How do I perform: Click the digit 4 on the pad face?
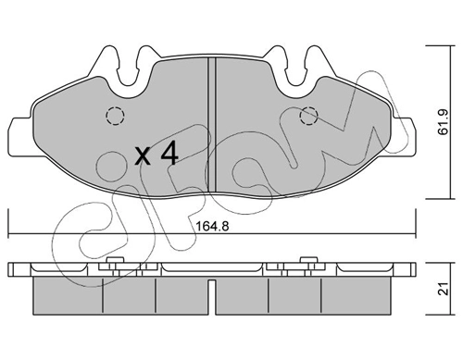[x=169, y=153]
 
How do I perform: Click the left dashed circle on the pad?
[x=115, y=117]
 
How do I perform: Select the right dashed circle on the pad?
[x=309, y=117]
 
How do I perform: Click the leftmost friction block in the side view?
[x=67, y=293]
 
